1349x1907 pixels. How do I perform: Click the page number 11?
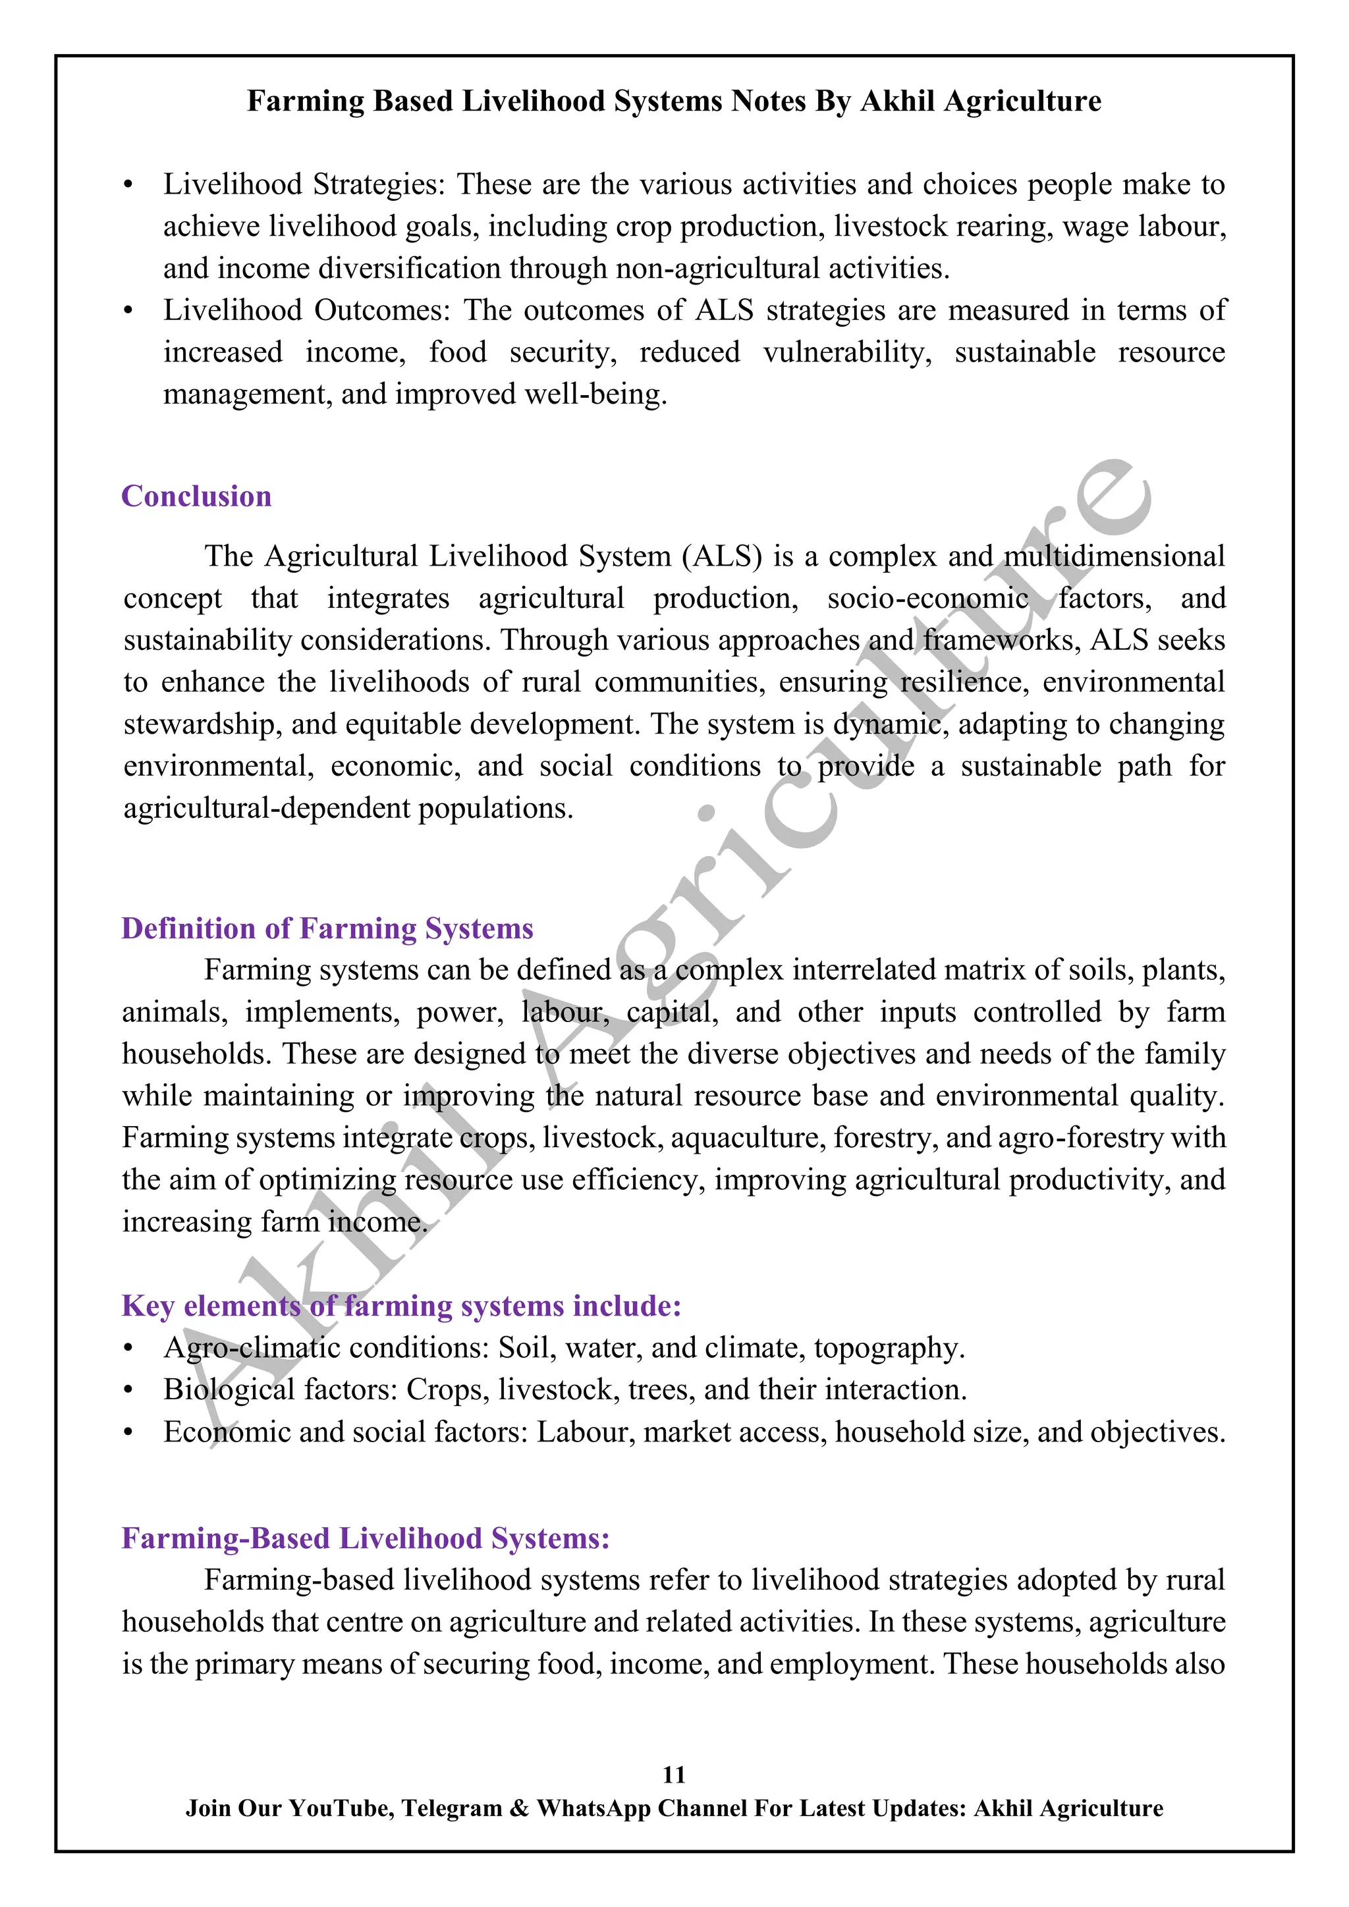pos(674,1775)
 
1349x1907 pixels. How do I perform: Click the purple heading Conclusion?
pos(196,496)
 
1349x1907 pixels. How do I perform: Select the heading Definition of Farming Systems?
pos(327,928)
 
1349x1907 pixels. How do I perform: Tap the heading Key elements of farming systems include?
pos(401,1305)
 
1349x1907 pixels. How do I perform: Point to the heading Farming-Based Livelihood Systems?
pos(366,1538)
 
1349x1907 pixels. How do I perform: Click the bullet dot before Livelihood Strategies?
pos(128,185)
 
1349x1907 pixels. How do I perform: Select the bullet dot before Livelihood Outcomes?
pos(128,311)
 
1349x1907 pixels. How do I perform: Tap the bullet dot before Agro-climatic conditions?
pos(128,1349)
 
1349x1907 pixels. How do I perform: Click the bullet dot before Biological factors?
pos(128,1390)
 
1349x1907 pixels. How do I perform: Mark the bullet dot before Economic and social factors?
pos(128,1433)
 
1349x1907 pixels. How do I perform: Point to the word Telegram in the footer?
pos(452,1808)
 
